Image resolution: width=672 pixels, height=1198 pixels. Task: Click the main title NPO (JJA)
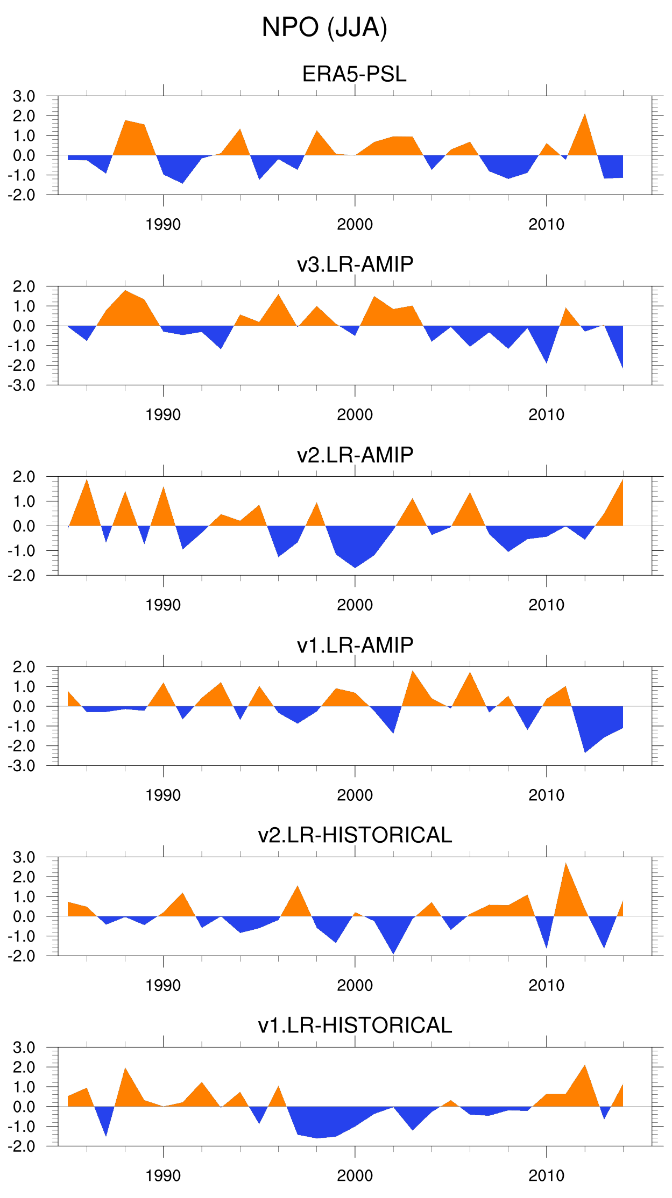(324, 27)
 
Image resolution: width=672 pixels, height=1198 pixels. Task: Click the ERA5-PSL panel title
(354, 74)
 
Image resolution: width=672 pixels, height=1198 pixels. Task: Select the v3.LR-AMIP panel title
(355, 264)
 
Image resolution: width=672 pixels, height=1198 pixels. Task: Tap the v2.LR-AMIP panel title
(355, 455)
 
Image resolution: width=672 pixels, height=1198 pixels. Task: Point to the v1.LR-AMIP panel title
(355, 645)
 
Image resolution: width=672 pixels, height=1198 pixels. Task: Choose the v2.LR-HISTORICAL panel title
(355, 835)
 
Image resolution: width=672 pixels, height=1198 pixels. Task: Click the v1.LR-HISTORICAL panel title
(355, 1025)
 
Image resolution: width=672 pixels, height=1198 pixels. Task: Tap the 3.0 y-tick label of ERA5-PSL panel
(24, 96)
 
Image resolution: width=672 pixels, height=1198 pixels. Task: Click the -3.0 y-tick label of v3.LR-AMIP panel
(22, 385)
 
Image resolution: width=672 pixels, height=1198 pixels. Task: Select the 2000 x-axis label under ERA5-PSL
(355, 225)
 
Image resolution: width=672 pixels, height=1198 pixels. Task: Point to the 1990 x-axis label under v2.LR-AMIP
(163, 605)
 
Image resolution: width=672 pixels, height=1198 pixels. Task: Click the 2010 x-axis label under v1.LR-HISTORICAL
(546, 1176)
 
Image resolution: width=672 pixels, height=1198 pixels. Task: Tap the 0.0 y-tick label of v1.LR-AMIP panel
(24, 707)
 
